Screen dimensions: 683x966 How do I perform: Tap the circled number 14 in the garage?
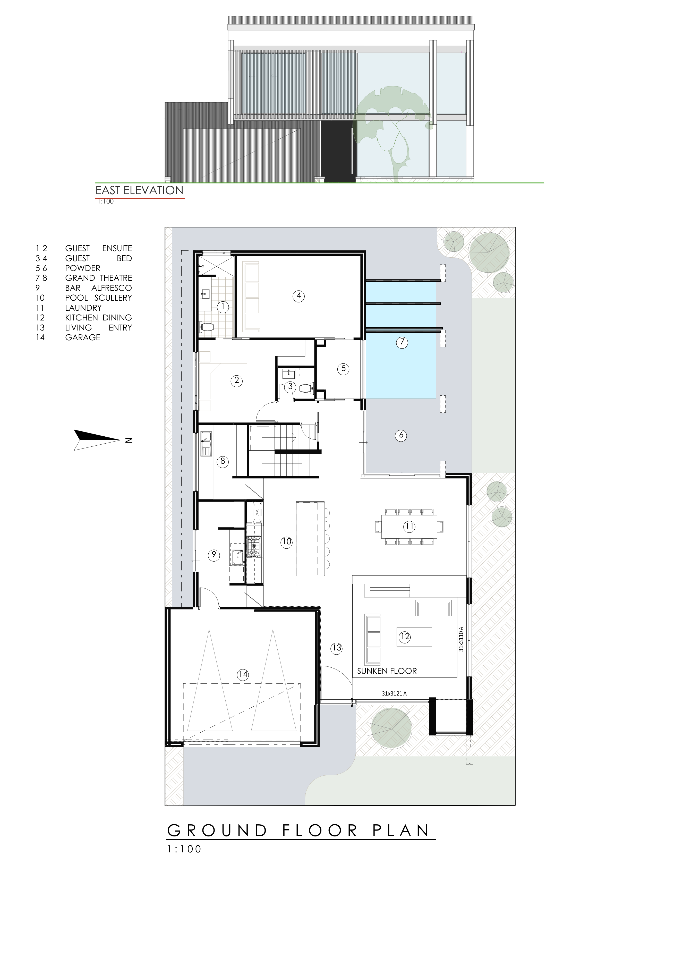(243, 674)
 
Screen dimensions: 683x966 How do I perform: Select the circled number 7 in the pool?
(402, 342)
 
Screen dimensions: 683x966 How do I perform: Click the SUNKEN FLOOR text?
(387, 671)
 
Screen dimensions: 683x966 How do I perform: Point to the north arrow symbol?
(97, 440)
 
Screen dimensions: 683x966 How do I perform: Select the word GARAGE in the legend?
(83, 337)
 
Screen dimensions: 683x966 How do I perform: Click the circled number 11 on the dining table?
(409, 526)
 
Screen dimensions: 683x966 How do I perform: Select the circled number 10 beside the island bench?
(286, 542)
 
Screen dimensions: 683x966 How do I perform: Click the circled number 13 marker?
(336, 648)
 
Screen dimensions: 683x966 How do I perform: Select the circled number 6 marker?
(401, 435)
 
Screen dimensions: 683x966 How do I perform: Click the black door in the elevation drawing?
(336, 151)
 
